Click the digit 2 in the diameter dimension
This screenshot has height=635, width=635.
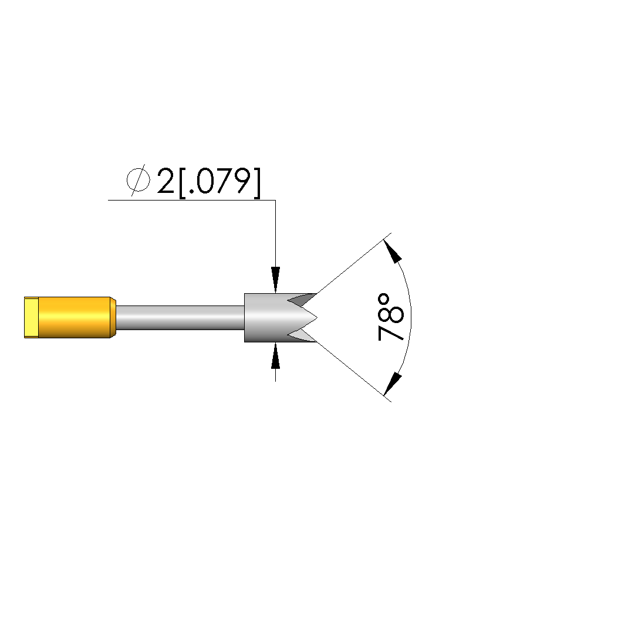165,181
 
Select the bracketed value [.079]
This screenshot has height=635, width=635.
219,183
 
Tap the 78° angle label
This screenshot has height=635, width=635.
391,317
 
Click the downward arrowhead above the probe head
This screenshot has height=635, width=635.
276,280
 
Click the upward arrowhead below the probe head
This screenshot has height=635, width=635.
276,355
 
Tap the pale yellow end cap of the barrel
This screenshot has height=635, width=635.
31,318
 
